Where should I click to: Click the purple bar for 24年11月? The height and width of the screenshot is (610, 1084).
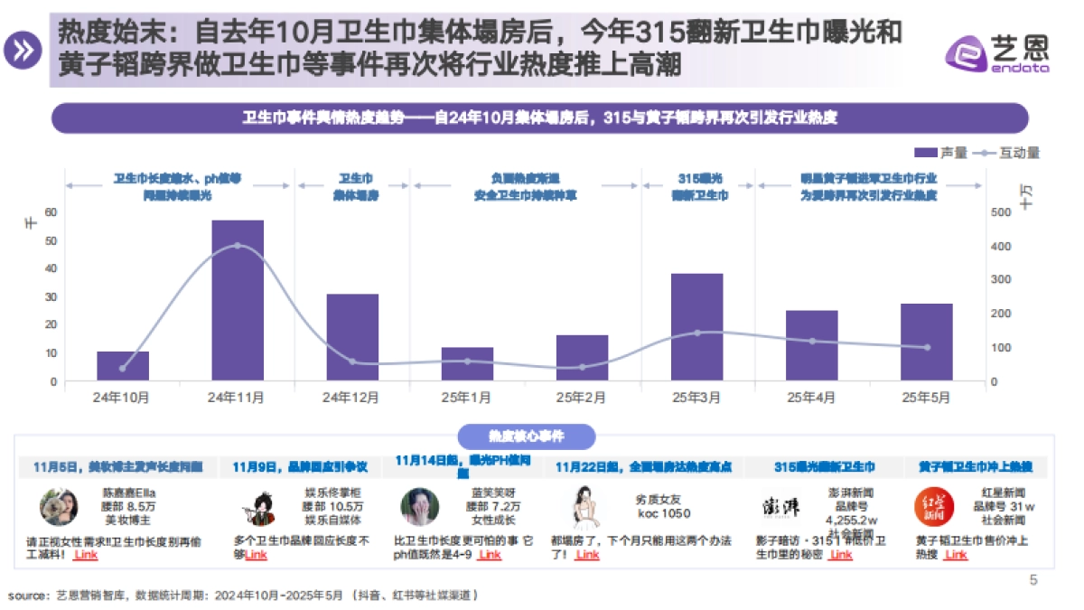(238, 300)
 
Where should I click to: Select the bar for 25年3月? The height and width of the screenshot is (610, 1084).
(696, 326)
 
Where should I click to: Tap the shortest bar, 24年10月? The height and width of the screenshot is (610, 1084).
(123, 365)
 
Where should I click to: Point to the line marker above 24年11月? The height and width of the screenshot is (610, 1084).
(238, 246)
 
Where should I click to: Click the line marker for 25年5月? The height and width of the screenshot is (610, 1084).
(927, 347)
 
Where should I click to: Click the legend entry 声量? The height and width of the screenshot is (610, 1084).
(940, 153)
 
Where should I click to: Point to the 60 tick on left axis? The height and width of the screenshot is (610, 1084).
(51, 212)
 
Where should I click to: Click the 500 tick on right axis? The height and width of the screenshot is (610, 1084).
(1001, 212)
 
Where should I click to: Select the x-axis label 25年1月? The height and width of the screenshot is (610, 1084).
(467, 397)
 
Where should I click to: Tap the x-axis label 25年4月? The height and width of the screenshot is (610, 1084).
(811, 397)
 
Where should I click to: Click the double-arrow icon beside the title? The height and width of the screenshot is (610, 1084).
(23, 50)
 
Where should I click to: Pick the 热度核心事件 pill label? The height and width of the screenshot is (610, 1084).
(527, 436)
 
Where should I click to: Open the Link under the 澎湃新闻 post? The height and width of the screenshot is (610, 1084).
(840, 555)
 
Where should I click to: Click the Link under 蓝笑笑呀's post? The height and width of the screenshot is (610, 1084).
(490, 555)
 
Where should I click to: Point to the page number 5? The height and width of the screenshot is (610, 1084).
(1033, 580)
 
